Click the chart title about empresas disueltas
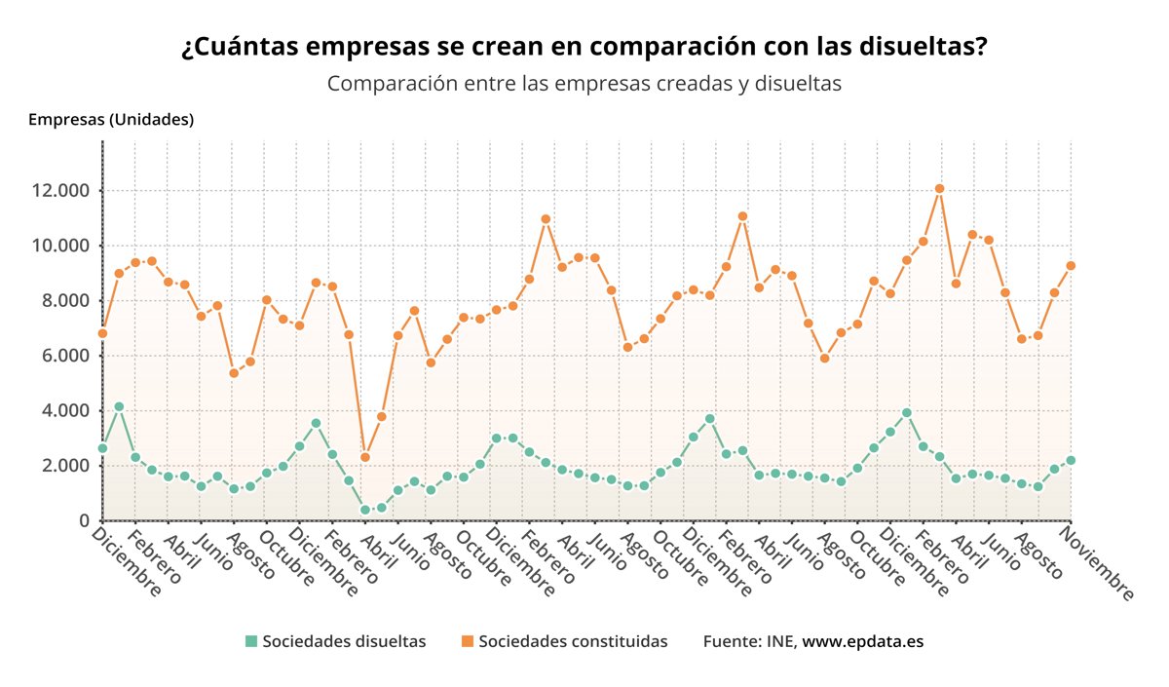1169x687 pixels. click(x=584, y=48)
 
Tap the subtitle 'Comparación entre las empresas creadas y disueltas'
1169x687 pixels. click(x=584, y=84)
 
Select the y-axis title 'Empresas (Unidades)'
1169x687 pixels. click(x=111, y=120)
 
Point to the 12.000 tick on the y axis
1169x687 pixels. click(x=60, y=190)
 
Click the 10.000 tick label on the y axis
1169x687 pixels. click(x=60, y=246)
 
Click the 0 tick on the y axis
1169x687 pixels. click(x=83, y=520)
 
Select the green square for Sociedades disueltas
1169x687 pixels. click(x=251, y=641)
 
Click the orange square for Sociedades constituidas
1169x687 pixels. click(x=468, y=641)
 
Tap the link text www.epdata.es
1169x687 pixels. click(x=862, y=641)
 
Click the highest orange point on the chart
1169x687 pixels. click(x=939, y=188)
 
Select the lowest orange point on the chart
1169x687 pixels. click(x=364, y=457)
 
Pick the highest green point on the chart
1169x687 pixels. click(x=119, y=406)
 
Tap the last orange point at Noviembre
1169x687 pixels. click(x=1071, y=265)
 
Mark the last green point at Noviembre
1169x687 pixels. click(x=1071, y=460)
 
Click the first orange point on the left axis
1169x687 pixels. click(x=102, y=333)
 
